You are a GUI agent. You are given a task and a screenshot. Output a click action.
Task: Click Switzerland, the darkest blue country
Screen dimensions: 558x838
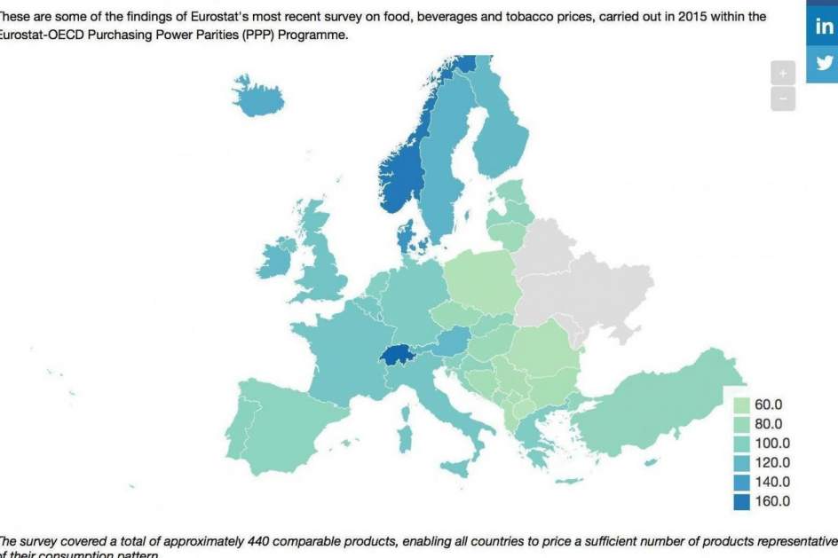click(399, 355)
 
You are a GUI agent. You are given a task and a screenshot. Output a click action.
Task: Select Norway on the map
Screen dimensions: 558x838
click(399, 169)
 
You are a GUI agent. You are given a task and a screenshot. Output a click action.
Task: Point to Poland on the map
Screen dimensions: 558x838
click(484, 279)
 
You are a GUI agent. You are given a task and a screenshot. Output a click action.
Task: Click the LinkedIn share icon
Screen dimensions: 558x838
click(824, 27)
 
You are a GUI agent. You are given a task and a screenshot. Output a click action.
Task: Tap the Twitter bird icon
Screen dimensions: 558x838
click(824, 63)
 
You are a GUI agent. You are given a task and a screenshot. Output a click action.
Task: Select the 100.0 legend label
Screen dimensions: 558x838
click(771, 444)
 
